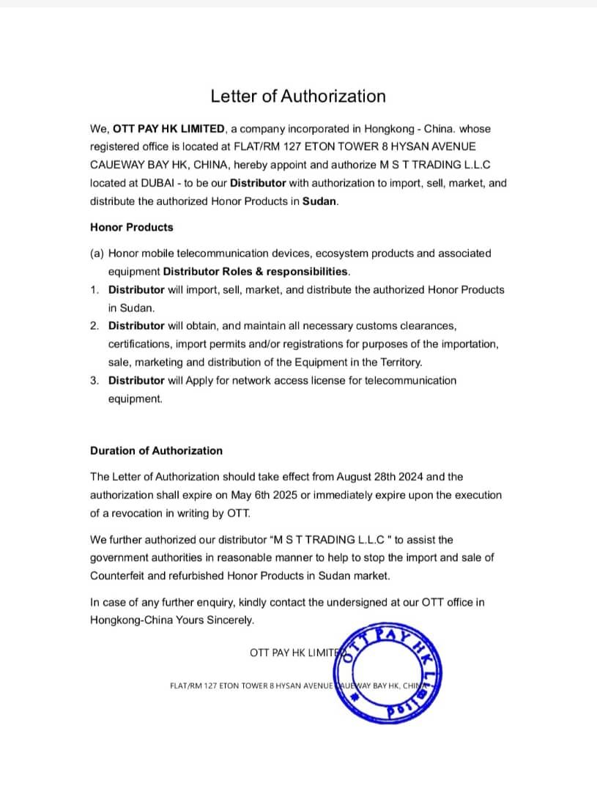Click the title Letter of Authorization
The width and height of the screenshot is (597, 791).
[298, 96]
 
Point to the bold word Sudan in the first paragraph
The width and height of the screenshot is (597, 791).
[319, 201]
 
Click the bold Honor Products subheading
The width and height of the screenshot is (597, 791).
[132, 227]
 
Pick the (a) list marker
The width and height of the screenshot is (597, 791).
[97, 253]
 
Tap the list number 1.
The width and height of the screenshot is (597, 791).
[94, 290]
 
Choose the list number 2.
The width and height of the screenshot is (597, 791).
[94, 326]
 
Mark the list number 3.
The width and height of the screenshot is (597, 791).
[94, 381]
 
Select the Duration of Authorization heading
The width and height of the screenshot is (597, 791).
[156, 451]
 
